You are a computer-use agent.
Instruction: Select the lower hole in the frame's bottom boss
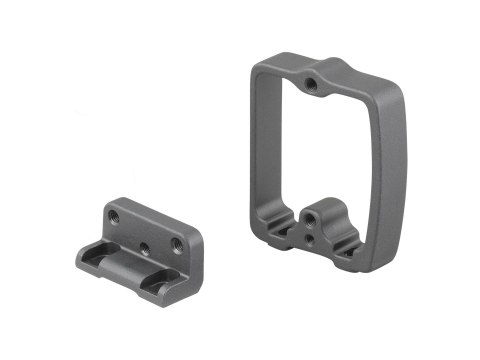pos(312,239)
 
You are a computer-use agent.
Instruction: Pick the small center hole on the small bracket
pos(146,244)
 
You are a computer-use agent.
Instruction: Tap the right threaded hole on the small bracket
pos(177,244)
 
